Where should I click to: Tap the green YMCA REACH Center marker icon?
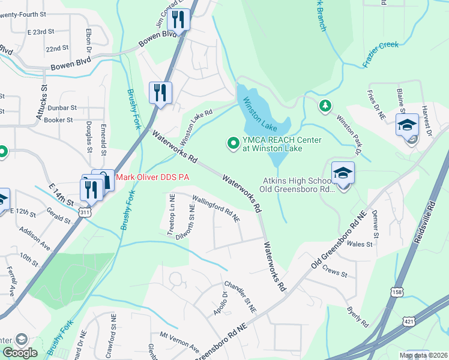(232, 143)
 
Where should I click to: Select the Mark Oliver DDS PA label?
(152, 177)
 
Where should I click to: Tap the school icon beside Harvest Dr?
(407, 125)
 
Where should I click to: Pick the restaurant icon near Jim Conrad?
(178, 19)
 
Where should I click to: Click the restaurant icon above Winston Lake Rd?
(160, 92)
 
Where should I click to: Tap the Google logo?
(20, 353)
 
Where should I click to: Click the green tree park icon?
(325, 106)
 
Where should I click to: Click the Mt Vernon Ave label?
(179, 340)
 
